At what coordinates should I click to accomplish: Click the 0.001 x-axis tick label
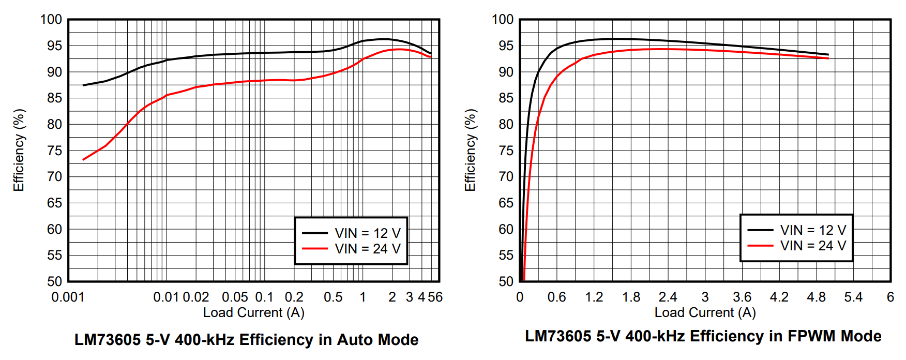68,297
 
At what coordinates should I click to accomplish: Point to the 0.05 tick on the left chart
235,297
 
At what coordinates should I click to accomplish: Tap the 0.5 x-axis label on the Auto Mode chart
333,297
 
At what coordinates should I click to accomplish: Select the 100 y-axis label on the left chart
51,20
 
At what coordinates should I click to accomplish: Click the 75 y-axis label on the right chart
506,151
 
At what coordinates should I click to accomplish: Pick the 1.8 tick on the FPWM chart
631,297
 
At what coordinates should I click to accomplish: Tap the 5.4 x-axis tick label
853,297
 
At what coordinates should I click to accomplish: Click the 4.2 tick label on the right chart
779,297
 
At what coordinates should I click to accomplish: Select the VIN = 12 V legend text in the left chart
368,233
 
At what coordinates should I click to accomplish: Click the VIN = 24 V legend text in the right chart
813,246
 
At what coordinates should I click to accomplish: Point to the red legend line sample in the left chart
314,249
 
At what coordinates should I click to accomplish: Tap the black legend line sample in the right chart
760,230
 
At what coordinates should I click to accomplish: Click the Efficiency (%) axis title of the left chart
19,150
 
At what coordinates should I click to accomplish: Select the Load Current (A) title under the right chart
705,312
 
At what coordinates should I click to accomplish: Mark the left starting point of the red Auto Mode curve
83,160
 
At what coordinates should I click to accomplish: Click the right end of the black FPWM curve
828,54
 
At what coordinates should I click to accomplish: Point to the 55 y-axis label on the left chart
55,256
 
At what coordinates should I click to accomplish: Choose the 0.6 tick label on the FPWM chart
556,297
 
